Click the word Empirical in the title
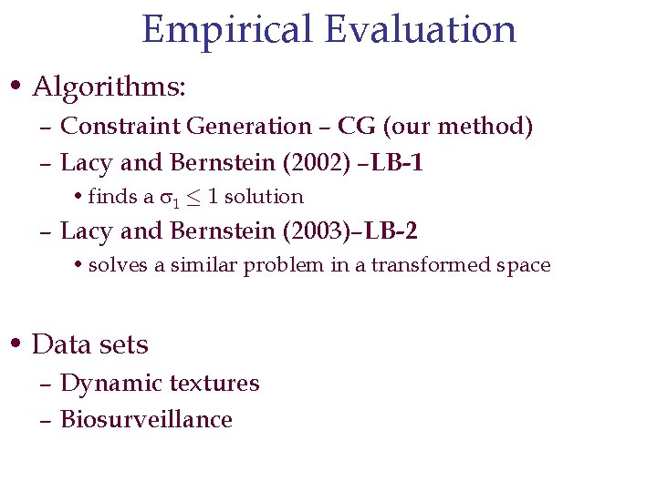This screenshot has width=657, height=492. click(x=227, y=29)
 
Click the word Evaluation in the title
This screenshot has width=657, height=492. click(x=419, y=29)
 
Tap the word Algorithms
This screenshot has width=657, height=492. click(x=109, y=87)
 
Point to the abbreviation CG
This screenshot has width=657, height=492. click(x=356, y=126)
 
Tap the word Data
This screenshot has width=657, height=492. click(x=60, y=344)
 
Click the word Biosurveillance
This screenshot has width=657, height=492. click(x=146, y=419)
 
